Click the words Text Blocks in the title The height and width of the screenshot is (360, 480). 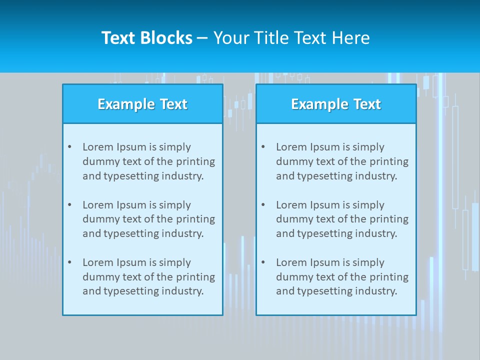point(146,38)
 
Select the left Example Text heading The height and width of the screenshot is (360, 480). point(142,104)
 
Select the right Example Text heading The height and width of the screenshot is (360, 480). point(336,104)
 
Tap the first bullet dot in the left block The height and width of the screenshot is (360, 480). point(69,147)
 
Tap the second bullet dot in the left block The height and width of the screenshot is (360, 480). point(69,205)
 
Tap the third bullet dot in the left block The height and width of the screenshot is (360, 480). point(69,262)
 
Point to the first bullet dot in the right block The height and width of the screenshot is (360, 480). point(263,147)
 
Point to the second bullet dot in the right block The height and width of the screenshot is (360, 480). point(263,205)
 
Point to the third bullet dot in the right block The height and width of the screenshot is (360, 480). point(263,262)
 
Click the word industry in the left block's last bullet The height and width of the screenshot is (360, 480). point(183,291)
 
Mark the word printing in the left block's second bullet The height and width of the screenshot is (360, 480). point(196,219)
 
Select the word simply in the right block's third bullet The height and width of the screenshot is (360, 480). point(368,262)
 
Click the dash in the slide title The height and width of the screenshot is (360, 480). point(202,38)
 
